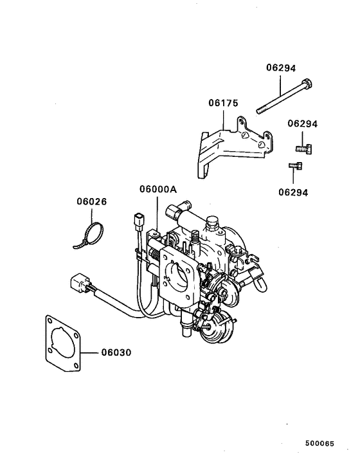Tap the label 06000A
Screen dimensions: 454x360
(x=157, y=190)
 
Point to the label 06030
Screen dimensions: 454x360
(x=117, y=352)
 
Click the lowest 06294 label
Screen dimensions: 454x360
(x=294, y=192)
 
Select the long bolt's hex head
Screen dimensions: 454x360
(x=306, y=84)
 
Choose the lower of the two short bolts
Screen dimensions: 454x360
(x=295, y=167)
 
